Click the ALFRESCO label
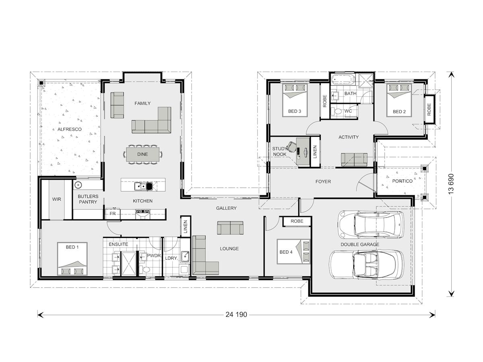69,129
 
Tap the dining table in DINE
142,154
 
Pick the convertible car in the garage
366,265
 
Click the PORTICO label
402,181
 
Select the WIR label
56,199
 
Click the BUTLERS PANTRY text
88,199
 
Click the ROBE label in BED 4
297,221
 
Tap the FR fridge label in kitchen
112,214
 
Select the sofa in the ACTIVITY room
354,159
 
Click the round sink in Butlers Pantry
78,185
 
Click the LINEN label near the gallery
185,227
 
